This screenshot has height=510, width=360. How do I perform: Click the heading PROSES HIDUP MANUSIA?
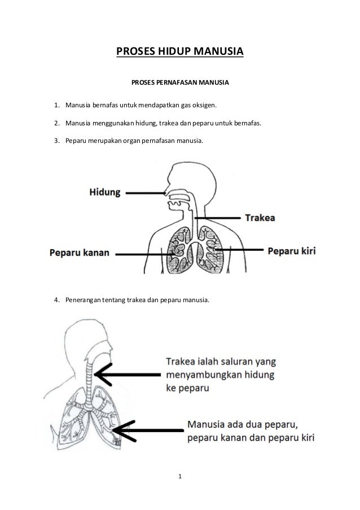click(180, 53)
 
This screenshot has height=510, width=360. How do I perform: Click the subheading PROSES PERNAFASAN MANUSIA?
click(180, 83)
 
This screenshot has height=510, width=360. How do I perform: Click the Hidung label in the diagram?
click(104, 193)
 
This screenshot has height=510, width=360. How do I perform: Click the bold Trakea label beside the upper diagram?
click(260, 217)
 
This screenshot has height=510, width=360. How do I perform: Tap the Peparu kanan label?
click(79, 252)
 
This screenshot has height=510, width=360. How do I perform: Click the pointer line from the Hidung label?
click(144, 193)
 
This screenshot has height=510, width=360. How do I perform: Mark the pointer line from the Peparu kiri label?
click(239, 249)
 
